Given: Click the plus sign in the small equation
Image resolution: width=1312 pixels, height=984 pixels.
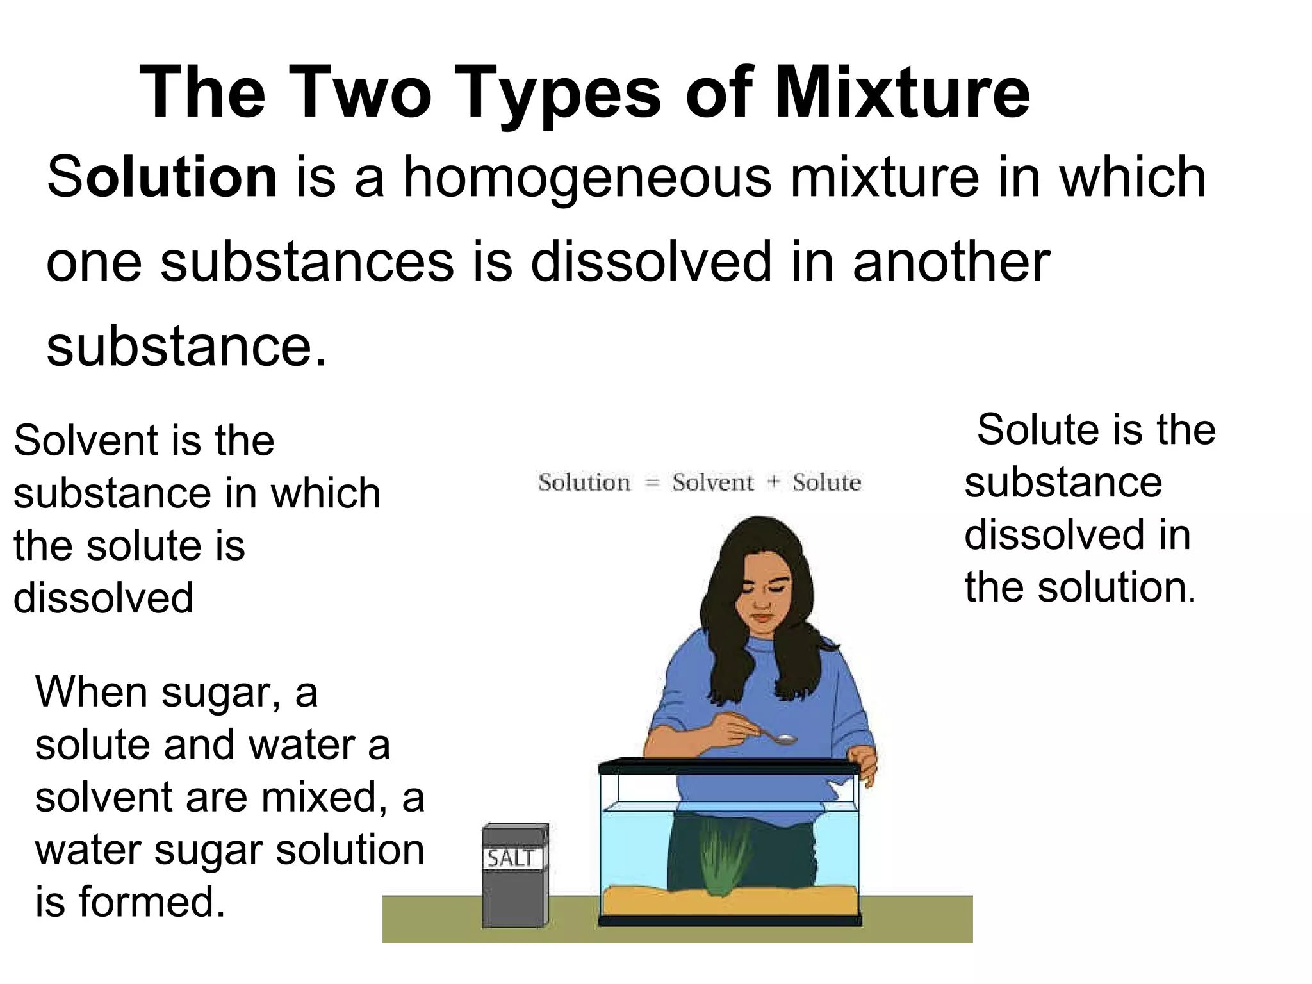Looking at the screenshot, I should pos(773,482).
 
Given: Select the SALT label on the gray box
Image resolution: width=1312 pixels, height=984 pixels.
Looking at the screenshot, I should pos(511,858).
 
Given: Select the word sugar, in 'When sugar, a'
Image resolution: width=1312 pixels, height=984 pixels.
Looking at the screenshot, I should pos(220,693).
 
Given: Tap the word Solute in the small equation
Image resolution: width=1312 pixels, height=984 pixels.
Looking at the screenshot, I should pos(826,482).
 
